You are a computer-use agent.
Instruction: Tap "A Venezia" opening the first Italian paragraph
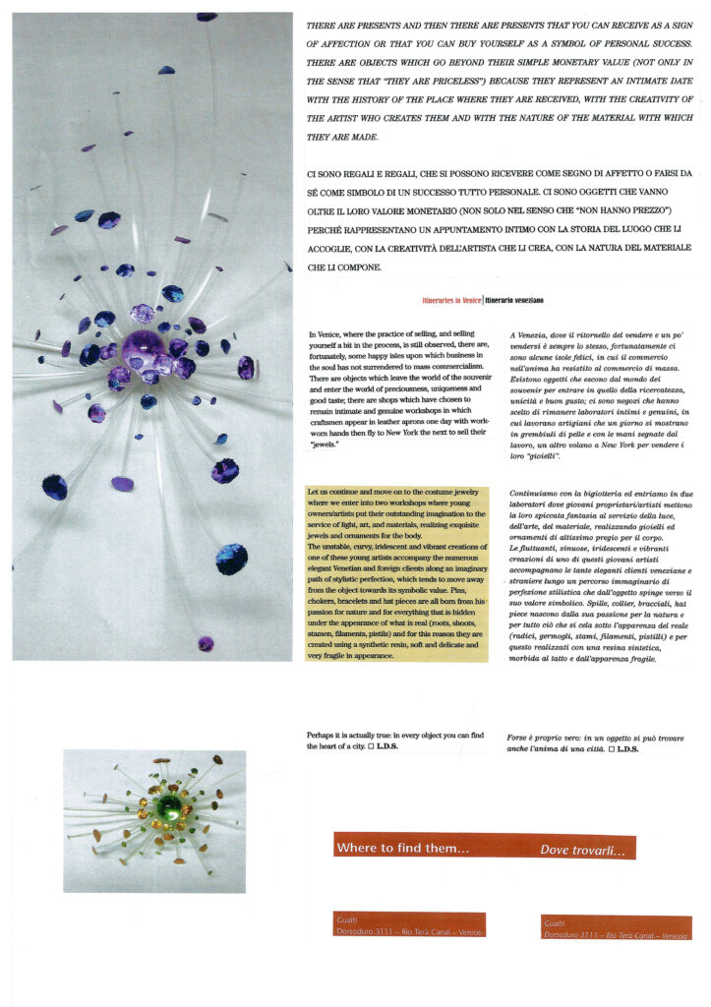tap(532, 336)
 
